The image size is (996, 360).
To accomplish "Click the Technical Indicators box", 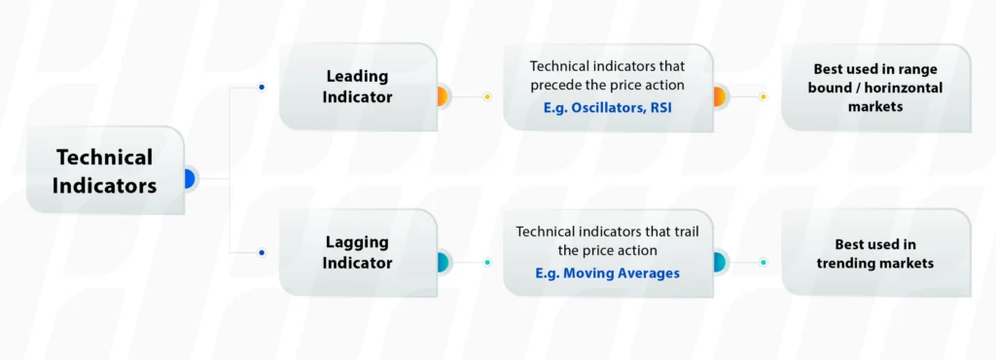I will pyautogui.click(x=104, y=171).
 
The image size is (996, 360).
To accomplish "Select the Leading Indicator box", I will pyautogui.click(x=357, y=87).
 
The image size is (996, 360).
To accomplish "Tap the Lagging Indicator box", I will pyautogui.click(x=357, y=252).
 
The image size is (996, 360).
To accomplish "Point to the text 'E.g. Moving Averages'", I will pyautogui.click(x=607, y=273).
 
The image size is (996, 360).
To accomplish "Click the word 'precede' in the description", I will pyautogui.click(x=557, y=86).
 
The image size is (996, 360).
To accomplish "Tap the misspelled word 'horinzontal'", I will pyautogui.click(x=902, y=88).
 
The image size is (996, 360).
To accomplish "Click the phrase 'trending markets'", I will pyautogui.click(x=875, y=263).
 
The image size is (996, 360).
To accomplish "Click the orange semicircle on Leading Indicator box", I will pyautogui.click(x=442, y=96).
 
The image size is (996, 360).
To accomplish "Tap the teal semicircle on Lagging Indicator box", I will pyautogui.click(x=442, y=262).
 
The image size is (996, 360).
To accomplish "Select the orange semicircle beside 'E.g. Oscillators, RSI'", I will pyautogui.click(x=720, y=96).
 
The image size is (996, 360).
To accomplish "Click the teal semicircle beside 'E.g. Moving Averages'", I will pyautogui.click(x=720, y=262).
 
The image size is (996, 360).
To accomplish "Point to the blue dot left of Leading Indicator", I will pyautogui.click(x=261, y=88).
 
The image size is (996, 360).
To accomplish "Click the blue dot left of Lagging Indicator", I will pyautogui.click(x=261, y=253).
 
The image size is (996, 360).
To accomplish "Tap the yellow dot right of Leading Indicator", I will pyautogui.click(x=487, y=97).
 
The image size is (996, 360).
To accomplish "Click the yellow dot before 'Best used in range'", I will pyautogui.click(x=763, y=97).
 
